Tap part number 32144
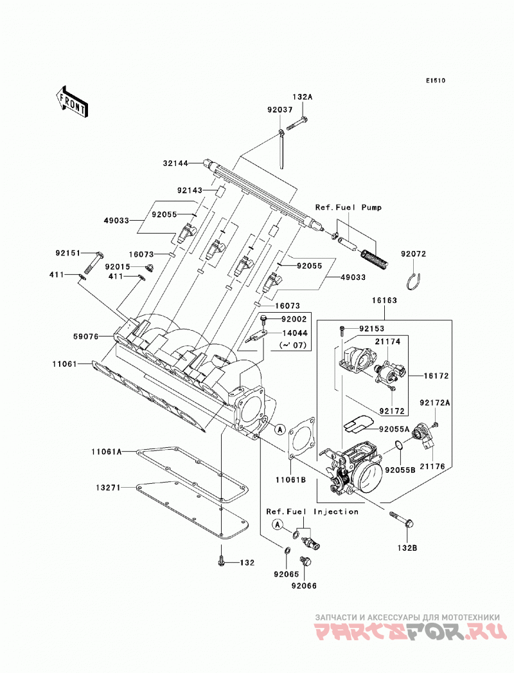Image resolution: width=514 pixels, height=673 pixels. (x=176, y=163)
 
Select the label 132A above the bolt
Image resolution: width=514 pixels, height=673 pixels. (x=303, y=97)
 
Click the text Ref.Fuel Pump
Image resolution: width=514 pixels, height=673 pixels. (x=348, y=207)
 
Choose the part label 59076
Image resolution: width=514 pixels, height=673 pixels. (x=86, y=337)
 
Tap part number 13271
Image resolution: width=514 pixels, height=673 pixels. (x=109, y=488)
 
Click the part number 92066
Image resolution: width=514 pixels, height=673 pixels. (x=304, y=585)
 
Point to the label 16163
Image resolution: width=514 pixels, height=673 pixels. (x=384, y=300)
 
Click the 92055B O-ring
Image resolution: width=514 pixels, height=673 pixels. (x=398, y=445)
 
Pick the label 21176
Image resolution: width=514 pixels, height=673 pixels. (x=432, y=466)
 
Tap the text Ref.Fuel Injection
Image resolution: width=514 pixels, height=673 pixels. (x=312, y=512)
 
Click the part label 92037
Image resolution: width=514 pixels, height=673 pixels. (x=280, y=110)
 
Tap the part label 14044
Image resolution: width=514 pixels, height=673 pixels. (x=294, y=333)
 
